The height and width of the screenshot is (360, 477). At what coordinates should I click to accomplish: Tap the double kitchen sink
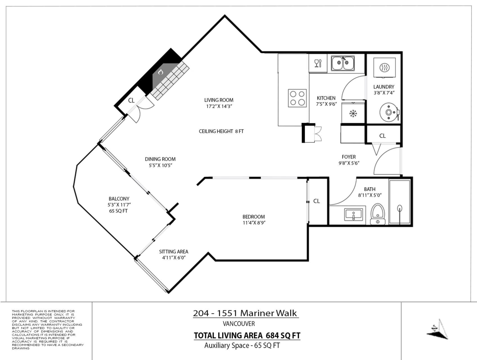[343, 64]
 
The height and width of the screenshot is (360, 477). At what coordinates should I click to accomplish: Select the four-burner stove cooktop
[297, 98]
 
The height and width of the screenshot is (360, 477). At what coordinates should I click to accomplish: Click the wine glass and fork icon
[318, 64]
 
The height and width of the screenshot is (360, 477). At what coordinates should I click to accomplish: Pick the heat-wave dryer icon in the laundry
[384, 68]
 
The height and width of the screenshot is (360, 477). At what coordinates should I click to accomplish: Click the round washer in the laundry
[387, 112]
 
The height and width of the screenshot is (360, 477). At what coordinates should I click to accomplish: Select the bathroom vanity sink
[353, 215]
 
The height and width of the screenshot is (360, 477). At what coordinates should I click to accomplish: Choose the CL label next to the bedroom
[316, 201]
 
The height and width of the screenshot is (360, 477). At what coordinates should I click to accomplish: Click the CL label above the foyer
[382, 135]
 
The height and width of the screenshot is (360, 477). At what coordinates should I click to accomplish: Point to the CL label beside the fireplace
[131, 100]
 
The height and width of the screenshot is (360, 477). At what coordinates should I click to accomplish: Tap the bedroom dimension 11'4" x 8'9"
[254, 223]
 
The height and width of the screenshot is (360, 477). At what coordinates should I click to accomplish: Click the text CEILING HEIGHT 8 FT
[221, 131]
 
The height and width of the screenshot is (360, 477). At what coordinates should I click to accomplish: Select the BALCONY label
[118, 199]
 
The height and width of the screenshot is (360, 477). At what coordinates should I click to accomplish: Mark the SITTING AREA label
[173, 252]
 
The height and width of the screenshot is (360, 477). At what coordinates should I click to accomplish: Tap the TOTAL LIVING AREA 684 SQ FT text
[246, 336]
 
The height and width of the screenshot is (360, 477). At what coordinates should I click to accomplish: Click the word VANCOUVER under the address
[238, 324]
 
